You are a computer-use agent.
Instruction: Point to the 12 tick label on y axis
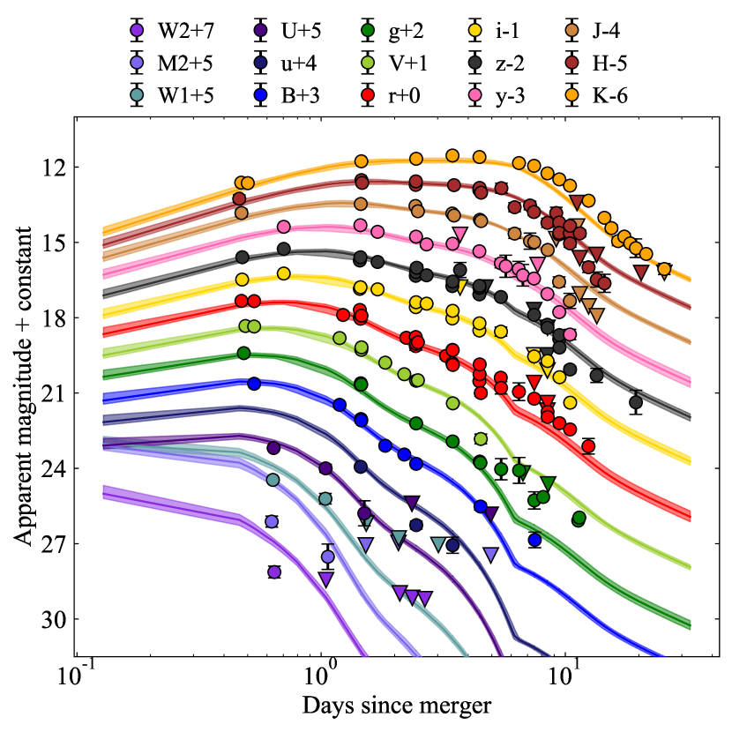pos(49,168)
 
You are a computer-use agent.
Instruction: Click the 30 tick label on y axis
pos(49,619)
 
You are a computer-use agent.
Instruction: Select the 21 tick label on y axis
pos(49,393)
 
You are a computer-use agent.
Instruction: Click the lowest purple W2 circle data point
pos(274,571)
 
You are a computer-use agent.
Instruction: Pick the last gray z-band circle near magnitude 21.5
pos(636,403)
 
